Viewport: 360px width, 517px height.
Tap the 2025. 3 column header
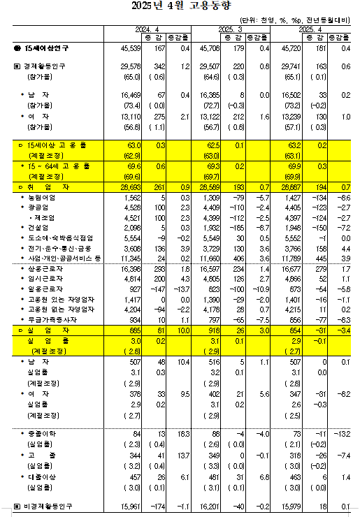(x=229, y=29)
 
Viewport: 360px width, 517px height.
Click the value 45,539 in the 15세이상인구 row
(x=131, y=48)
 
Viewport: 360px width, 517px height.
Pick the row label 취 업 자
(x=43, y=189)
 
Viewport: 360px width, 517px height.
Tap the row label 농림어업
(x=41, y=198)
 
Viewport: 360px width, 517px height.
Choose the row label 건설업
(x=38, y=228)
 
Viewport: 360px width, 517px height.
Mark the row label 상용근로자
(x=43, y=268)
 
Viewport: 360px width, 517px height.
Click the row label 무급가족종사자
(x=48, y=319)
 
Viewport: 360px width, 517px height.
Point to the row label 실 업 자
(x=43, y=328)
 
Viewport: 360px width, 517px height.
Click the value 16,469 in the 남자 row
(x=131, y=93)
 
